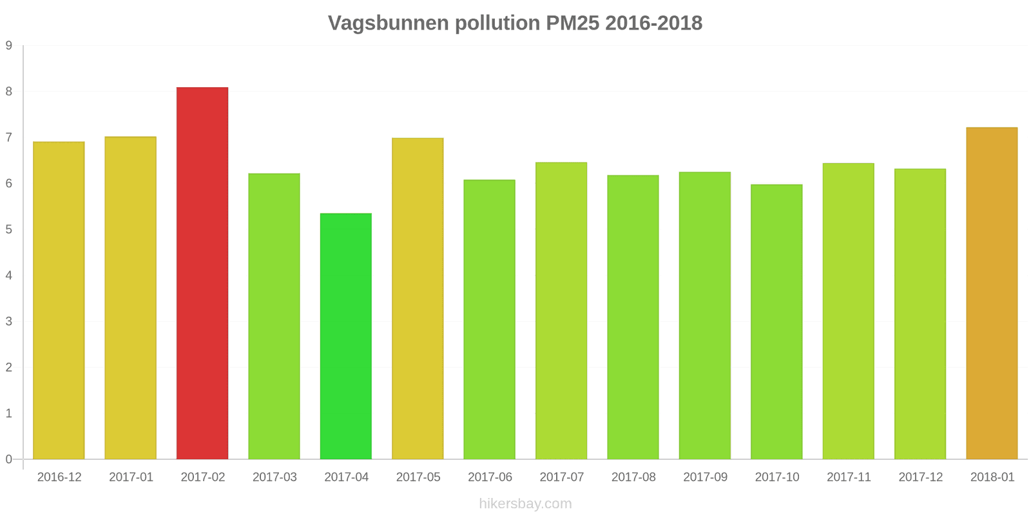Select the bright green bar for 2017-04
[x=346, y=336]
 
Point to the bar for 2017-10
[x=776, y=322]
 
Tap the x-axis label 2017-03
[x=275, y=477]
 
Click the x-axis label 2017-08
[x=633, y=477]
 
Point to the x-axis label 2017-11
[x=849, y=477]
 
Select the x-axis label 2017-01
[x=131, y=477]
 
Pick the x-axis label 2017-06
[x=490, y=477]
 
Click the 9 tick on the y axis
[x=9, y=46]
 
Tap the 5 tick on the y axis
[x=9, y=230]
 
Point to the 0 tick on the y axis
[x=9, y=459]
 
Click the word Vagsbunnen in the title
[x=389, y=23]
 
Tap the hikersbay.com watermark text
[x=525, y=504]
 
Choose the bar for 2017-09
[x=705, y=315]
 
